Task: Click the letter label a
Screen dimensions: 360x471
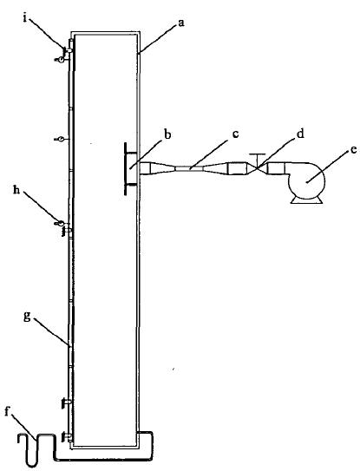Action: [180, 23]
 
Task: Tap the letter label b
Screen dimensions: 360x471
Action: [167, 134]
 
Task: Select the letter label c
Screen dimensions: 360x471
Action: [235, 134]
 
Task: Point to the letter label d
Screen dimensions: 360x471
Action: [300, 134]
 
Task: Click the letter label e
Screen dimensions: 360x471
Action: [354, 150]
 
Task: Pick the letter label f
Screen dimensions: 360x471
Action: [8, 411]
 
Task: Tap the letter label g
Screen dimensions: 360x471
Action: [27, 317]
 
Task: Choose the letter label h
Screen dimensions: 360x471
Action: [16, 190]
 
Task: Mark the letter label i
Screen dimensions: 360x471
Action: [24, 18]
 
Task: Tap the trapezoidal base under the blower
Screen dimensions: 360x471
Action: [306, 200]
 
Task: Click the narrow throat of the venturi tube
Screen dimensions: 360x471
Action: [190, 169]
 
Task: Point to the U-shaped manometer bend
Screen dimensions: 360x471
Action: [37, 449]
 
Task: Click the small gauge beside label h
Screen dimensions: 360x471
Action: [60, 223]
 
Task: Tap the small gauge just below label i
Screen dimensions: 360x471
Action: [60, 60]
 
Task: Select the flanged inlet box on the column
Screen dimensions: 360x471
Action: [131, 169]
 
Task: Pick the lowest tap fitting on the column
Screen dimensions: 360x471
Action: [67, 435]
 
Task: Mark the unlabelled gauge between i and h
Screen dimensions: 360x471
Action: [60, 139]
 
